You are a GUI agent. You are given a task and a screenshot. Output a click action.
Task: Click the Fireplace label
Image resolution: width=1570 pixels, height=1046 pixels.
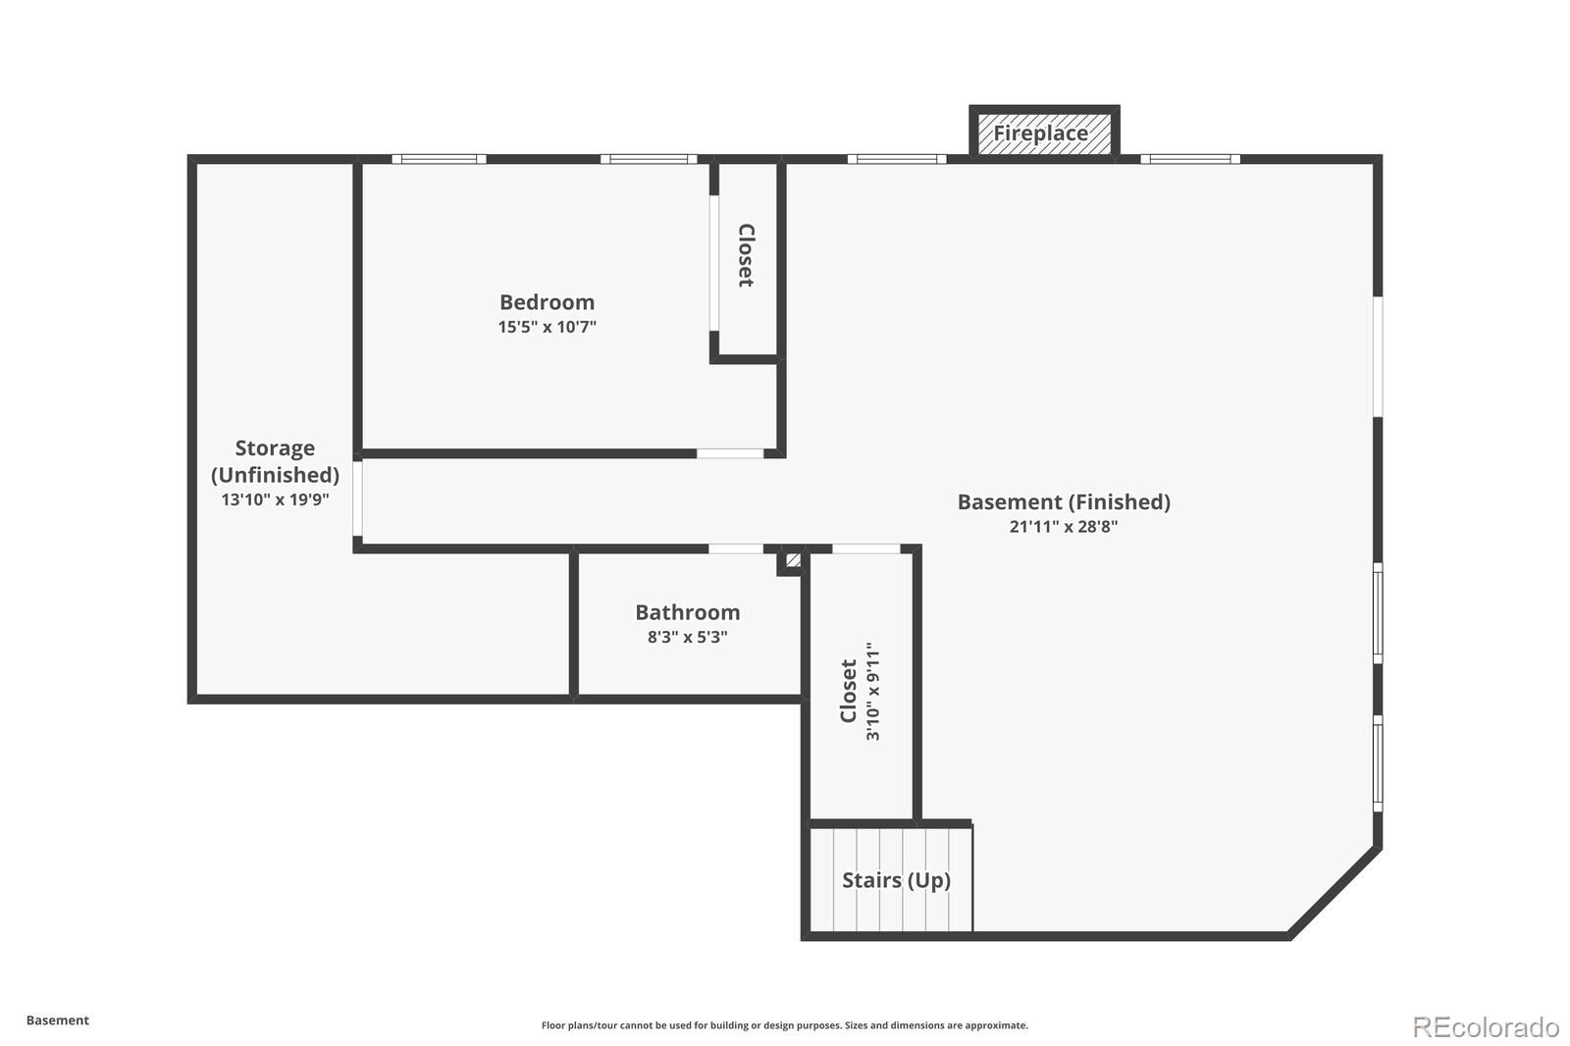[x=1040, y=133]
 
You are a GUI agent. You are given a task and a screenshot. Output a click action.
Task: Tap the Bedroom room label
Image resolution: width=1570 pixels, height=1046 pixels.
[x=547, y=302]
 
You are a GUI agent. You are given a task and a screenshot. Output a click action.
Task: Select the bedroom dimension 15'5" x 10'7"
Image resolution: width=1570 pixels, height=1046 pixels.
[x=547, y=327]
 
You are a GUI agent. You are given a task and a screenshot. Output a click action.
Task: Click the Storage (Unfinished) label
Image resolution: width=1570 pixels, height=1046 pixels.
[x=275, y=461]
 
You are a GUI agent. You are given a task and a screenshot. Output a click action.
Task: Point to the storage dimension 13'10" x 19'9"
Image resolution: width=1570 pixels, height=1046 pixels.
[x=275, y=499]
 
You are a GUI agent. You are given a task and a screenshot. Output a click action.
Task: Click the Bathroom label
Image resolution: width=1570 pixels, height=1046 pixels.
[x=687, y=612]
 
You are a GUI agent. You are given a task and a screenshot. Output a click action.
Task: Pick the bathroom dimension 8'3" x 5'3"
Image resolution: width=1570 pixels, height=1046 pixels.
[x=687, y=637]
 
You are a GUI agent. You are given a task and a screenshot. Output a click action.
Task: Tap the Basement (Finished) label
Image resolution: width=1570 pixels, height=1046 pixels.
[x=1064, y=502]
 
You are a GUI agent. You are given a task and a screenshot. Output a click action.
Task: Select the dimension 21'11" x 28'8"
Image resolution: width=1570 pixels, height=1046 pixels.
[x=1064, y=527]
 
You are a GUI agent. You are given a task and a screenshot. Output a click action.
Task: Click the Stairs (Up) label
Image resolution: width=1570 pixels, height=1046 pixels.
[x=896, y=880]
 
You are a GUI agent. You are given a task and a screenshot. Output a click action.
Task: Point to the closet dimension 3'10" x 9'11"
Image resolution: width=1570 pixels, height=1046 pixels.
[x=873, y=692]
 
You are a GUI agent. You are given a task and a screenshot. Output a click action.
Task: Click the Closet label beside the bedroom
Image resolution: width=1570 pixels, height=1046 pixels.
[x=746, y=255]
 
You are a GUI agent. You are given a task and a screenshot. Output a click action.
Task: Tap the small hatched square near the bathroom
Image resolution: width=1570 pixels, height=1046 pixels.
[x=792, y=561]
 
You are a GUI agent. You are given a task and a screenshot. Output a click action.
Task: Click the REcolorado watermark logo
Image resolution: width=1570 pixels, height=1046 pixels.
[x=1486, y=1026]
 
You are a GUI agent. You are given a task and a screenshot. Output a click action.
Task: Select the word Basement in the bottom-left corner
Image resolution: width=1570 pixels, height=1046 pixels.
[x=57, y=1020]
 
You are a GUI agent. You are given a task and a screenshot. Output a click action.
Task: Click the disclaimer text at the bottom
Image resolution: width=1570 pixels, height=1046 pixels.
[x=784, y=1025]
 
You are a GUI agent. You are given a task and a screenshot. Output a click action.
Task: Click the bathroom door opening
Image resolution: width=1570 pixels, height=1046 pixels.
[x=736, y=549]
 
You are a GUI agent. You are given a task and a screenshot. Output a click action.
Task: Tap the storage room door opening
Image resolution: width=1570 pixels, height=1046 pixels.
[x=357, y=499]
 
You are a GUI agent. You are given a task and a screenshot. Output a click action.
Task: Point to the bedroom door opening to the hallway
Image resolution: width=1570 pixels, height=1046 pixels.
[x=730, y=453]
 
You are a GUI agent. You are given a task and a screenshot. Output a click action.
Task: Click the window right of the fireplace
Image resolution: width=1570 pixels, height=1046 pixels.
[x=1189, y=159]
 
